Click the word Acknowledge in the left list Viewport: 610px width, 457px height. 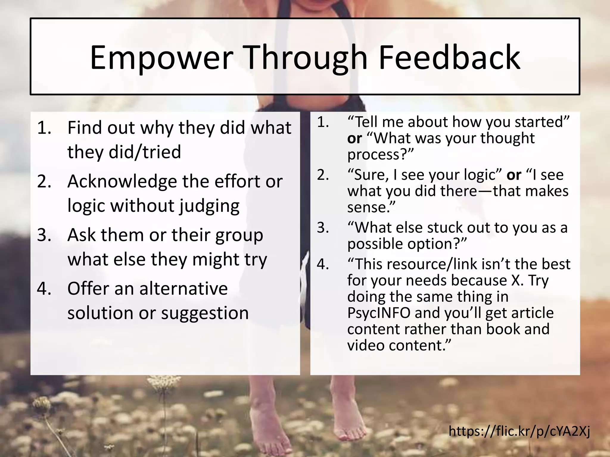coord(122,181)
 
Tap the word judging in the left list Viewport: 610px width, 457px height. coord(209,206)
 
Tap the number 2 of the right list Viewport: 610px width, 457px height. coord(323,175)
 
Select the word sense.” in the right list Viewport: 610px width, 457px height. coord(371,207)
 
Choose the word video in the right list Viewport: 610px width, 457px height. coord(365,345)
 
